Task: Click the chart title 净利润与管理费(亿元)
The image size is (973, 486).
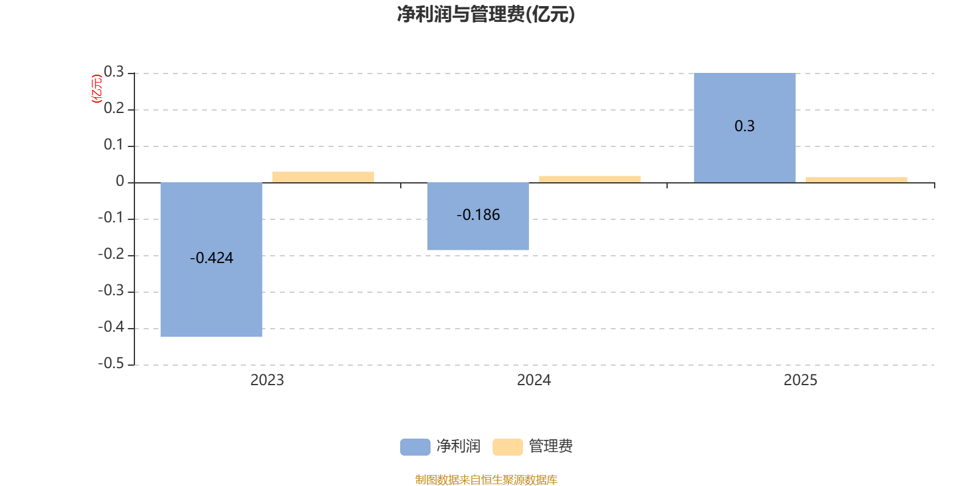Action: (486, 14)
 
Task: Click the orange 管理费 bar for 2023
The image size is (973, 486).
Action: (323, 177)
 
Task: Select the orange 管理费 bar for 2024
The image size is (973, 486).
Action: (589, 179)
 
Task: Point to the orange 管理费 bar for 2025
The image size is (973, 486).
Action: (856, 179)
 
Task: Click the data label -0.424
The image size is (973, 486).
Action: (212, 258)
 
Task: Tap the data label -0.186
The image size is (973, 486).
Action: (478, 215)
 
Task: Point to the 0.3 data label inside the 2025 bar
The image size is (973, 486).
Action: (744, 126)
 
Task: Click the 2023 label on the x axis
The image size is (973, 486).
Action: (267, 380)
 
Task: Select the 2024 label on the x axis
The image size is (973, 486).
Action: (533, 380)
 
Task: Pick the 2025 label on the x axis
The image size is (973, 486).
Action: (800, 380)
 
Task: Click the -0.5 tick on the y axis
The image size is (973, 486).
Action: (111, 364)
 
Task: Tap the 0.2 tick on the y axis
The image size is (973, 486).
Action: (114, 109)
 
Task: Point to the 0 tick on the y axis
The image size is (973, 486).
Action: (120, 182)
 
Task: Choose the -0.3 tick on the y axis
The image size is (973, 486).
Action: (111, 291)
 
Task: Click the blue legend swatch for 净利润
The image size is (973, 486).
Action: (415, 447)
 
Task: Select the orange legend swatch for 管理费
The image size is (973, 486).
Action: (507, 447)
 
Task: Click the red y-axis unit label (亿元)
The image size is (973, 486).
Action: (96, 89)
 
